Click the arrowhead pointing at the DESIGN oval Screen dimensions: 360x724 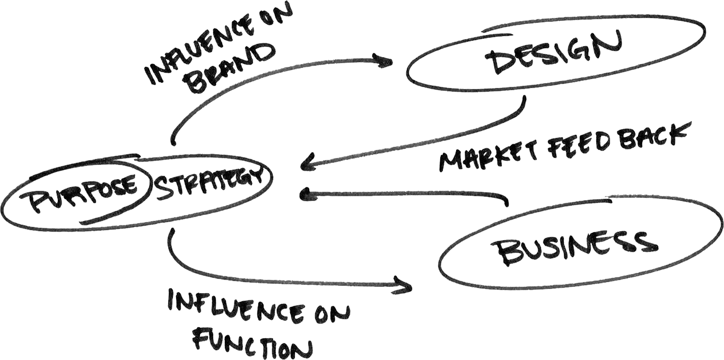(386, 61)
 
